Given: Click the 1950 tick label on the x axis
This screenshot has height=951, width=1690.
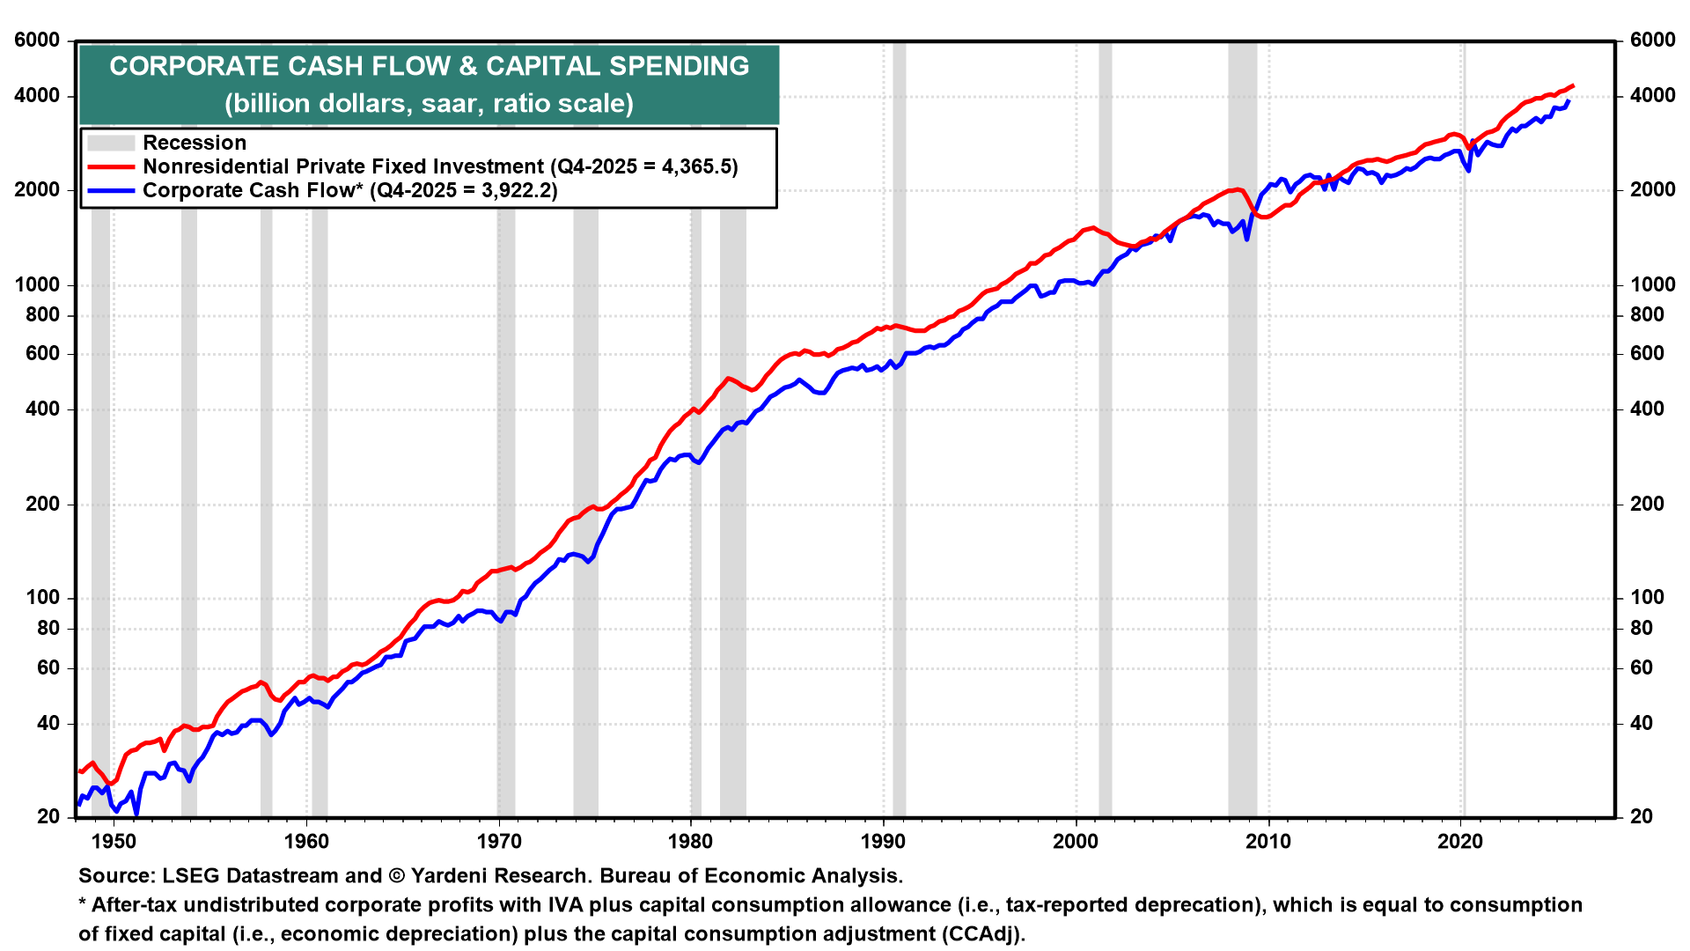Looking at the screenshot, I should [x=114, y=841].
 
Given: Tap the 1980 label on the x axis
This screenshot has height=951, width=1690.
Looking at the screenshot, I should [x=690, y=841].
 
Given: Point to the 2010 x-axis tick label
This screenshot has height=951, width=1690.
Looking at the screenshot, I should [x=1267, y=841].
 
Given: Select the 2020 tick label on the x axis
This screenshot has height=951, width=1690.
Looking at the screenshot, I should [x=1460, y=841].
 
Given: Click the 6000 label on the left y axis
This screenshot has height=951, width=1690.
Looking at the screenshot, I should [x=37, y=41].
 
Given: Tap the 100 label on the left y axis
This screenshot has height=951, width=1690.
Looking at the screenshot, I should [x=42, y=598].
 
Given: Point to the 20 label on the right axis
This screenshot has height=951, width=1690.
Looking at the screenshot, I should [x=1641, y=817].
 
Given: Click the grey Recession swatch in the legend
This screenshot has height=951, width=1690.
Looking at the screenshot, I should [x=111, y=143].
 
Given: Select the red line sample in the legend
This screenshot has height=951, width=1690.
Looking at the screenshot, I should [x=111, y=166].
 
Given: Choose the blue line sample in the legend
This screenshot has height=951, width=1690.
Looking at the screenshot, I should [x=111, y=190].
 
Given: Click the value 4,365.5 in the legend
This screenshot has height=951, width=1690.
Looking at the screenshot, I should [x=696, y=166].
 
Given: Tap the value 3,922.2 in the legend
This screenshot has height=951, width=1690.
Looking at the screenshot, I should [x=516, y=190].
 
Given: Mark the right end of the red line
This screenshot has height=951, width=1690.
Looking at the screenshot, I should [x=1573, y=86].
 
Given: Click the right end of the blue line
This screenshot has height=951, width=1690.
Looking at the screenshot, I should [x=1569, y=101].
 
